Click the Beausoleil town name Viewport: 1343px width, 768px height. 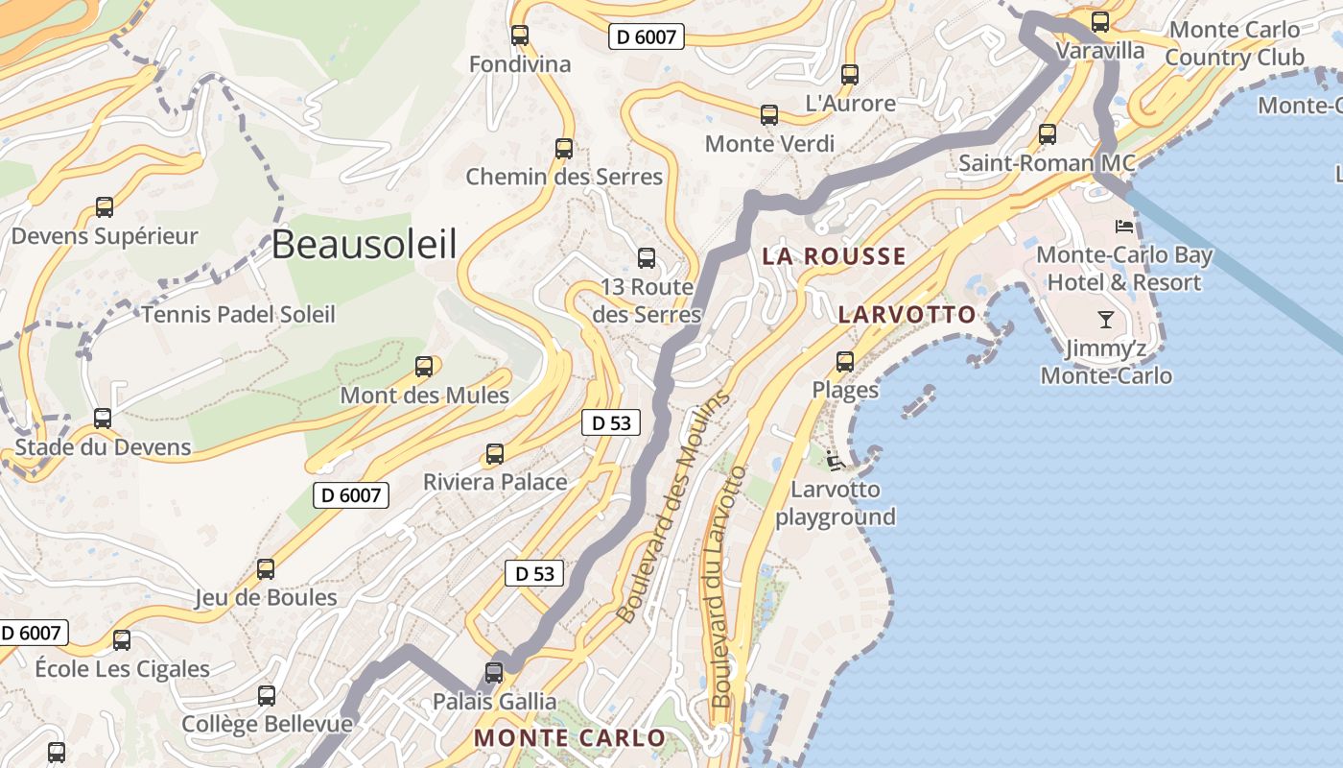364,245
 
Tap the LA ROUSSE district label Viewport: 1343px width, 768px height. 834,256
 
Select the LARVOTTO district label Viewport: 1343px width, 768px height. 907,314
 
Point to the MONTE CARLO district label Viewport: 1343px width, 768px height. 570,738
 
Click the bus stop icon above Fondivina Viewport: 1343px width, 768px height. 520,36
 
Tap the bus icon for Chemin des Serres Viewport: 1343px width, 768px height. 564,149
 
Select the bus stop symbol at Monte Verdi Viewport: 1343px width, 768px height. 769,115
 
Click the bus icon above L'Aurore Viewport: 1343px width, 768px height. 850,74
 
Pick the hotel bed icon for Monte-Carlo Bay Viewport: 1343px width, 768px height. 1124,227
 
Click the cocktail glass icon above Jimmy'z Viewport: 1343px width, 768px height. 1106,320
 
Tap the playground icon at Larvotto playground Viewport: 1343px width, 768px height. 835,462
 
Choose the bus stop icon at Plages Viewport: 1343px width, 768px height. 845,362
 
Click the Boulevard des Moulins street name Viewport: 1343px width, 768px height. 671,507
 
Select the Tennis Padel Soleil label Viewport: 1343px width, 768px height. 239,314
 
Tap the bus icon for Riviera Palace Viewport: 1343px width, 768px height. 495,454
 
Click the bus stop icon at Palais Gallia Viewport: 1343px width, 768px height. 494,673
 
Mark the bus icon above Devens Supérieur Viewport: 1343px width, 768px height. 105,207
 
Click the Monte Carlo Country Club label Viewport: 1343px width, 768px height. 1235,44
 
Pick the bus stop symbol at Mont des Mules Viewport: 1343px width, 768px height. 424,367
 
